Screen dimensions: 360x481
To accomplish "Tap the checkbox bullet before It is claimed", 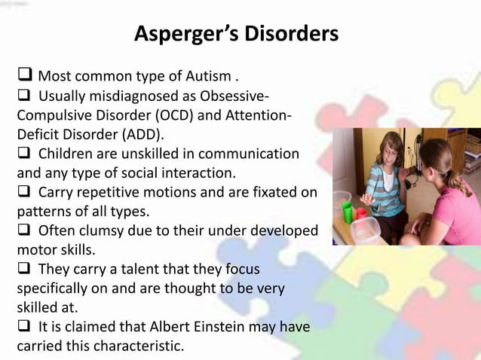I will coord(24,326).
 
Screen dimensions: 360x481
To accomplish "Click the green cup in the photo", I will coord(347,212).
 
